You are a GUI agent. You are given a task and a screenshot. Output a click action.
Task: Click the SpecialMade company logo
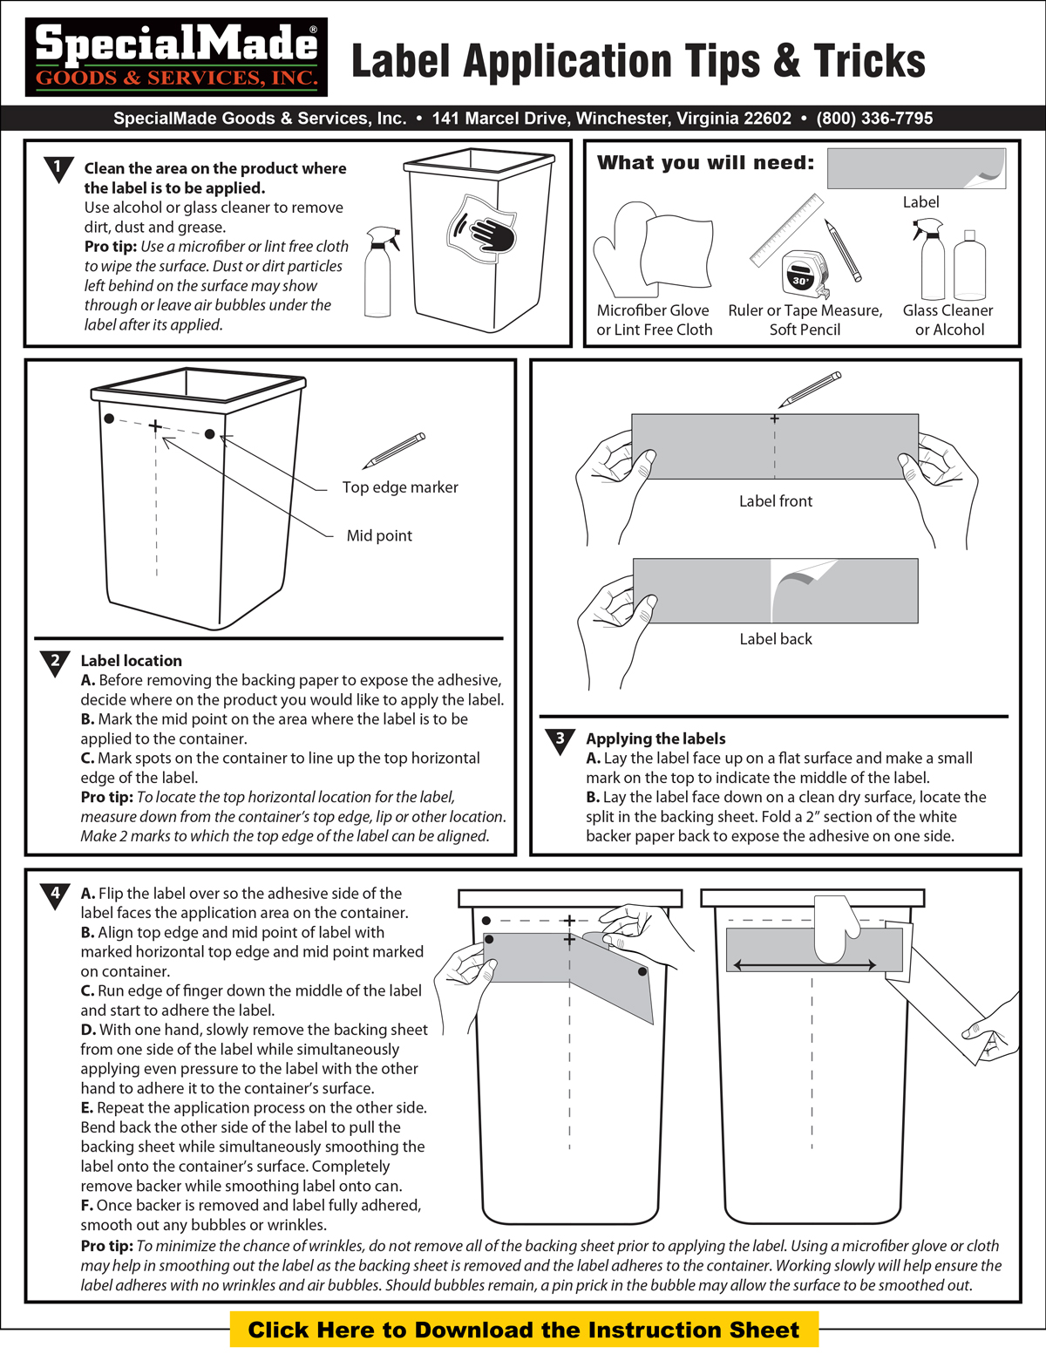coord(176,57)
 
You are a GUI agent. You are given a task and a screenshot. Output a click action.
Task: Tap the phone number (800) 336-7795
coord(874,119)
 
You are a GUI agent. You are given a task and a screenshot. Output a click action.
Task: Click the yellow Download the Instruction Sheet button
coord(524,1330)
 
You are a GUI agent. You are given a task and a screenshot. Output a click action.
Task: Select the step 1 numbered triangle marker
coord(58,167)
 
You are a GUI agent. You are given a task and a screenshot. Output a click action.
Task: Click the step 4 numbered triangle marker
coord(55,895)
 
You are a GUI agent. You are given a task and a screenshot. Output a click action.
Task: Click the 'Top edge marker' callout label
coord(399,487)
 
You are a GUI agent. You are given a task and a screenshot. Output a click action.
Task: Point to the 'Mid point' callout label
coord(379,535)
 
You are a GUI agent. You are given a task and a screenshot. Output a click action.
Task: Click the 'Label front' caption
coord(775,501)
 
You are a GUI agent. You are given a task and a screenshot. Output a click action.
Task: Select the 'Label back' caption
coord(775,639)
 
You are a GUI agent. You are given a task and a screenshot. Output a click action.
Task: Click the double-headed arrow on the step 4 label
coord(805,965)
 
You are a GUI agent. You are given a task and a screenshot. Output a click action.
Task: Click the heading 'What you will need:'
coord(705,163)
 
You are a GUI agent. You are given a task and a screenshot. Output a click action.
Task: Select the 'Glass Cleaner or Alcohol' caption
coord(948,320)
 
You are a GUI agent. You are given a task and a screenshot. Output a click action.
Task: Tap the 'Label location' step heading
coord(131,661)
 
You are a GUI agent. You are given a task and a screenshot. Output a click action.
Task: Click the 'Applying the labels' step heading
coord(655,738)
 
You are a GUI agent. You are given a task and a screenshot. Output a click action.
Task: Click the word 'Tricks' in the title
coord(869,61)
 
